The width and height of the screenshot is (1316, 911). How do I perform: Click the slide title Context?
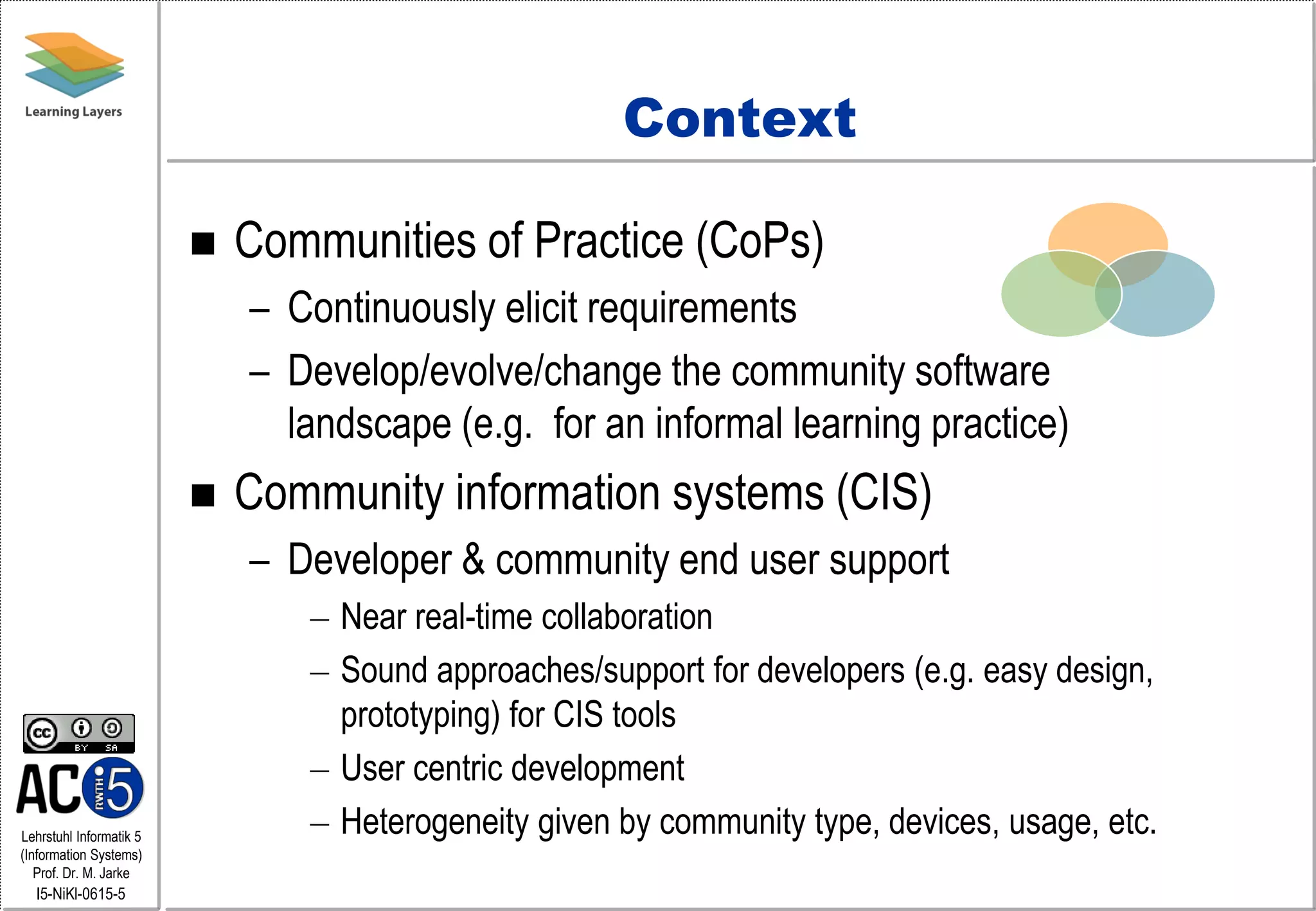[x=740, y=119]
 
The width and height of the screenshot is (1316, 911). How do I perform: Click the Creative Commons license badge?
[x=79, y=733]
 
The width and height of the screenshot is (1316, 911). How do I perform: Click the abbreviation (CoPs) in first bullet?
[x=760, y=241]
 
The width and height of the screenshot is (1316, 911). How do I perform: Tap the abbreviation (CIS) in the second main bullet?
[x=884, y=493]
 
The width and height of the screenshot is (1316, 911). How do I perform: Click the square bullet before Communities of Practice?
[x=203, y=243]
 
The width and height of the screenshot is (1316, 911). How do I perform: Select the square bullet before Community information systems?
[x=203, y=495]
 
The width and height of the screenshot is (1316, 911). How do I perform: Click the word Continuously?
[x=391, y=308]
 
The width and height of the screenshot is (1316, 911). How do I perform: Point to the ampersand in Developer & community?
[x=473, y=559]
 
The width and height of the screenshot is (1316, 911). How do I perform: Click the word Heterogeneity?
[x=434, y=822]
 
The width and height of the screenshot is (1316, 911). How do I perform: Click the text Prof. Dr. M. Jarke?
[x=81, y=873]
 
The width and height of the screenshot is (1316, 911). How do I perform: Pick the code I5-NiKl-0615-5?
[x=81, y=894]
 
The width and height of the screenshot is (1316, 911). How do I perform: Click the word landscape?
[x=369, y=425]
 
